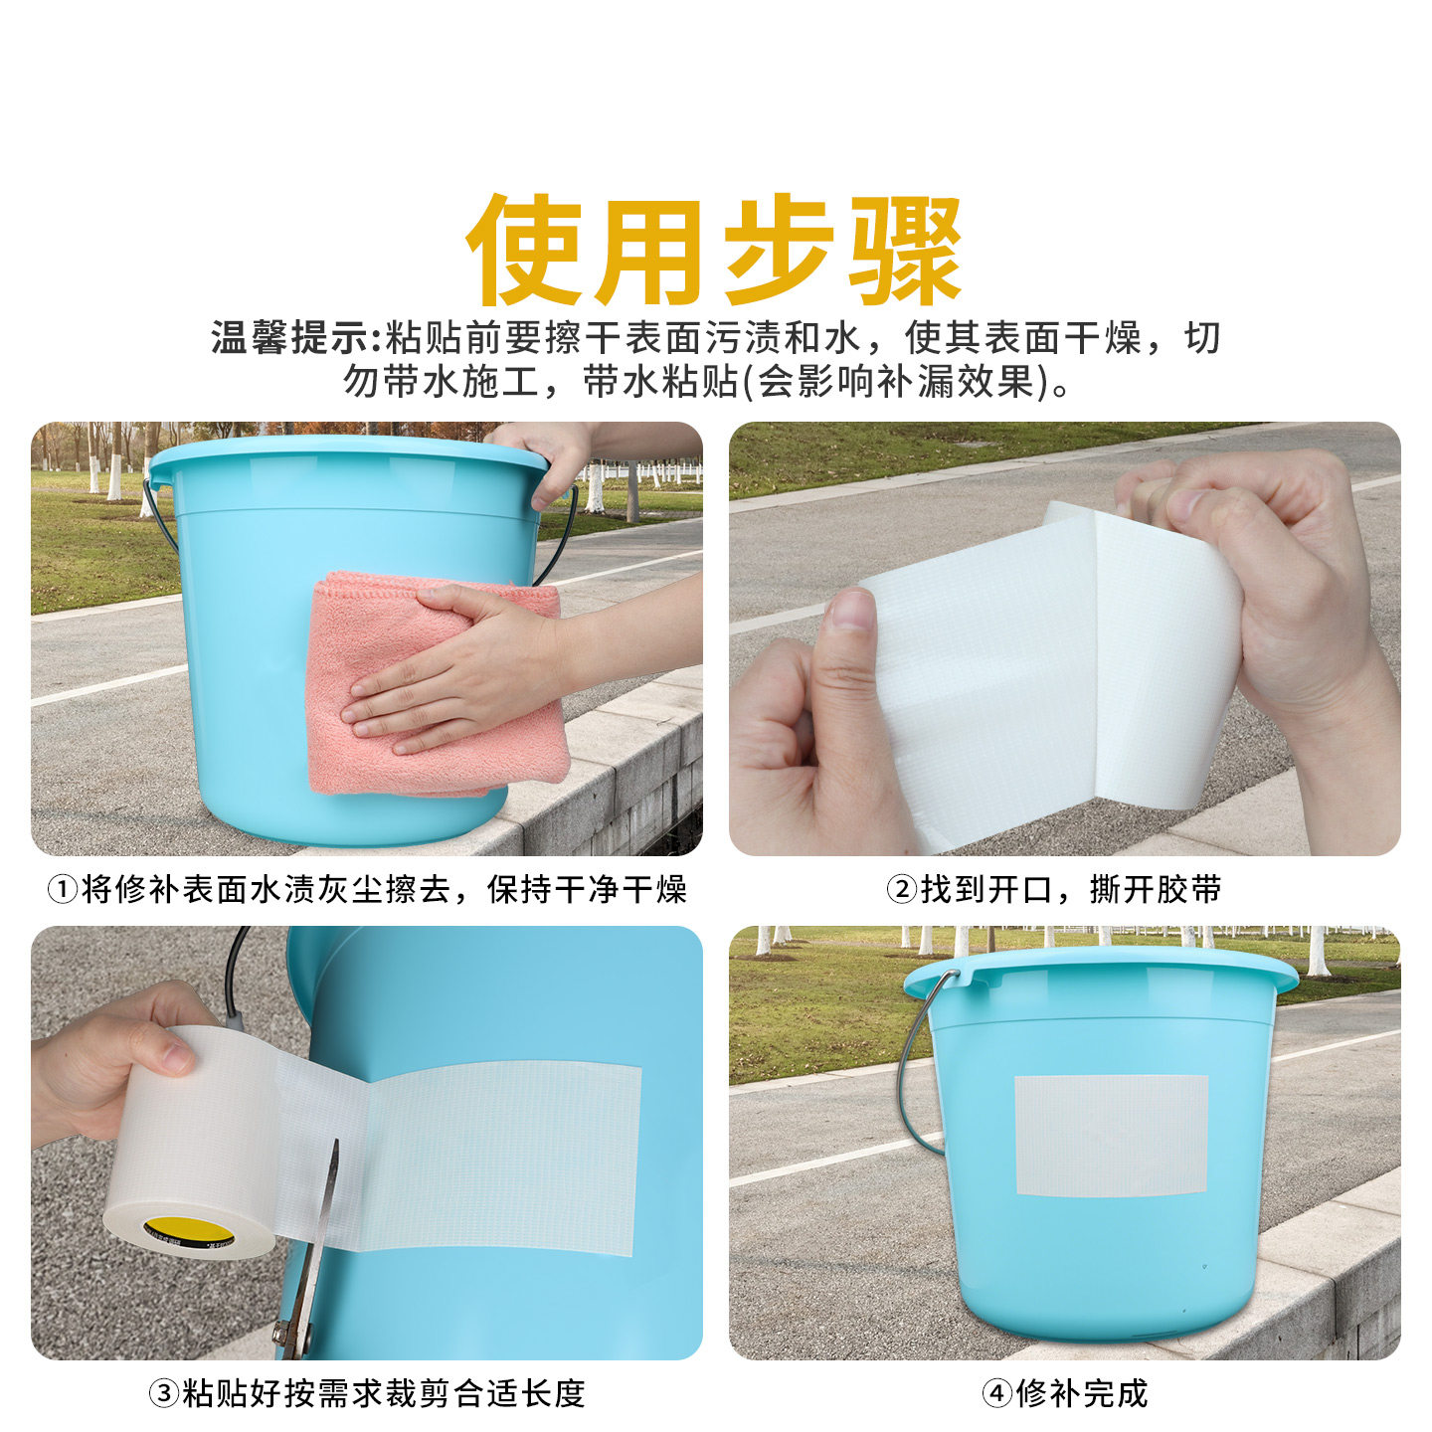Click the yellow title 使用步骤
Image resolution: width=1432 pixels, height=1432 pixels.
(x=714, y=251)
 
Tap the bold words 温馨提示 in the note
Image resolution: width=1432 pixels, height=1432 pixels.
(x=288, y=338)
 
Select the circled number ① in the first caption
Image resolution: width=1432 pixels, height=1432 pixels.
(x=62, y=889)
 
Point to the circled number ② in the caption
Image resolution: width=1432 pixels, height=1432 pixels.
(x=900, y=889)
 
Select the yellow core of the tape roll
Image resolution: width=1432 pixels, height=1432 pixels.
(x=187, y=1231)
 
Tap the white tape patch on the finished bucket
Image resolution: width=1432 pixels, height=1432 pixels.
(x=1111, y=1135)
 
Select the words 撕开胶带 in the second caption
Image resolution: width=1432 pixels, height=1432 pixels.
(x=1156, y=889)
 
